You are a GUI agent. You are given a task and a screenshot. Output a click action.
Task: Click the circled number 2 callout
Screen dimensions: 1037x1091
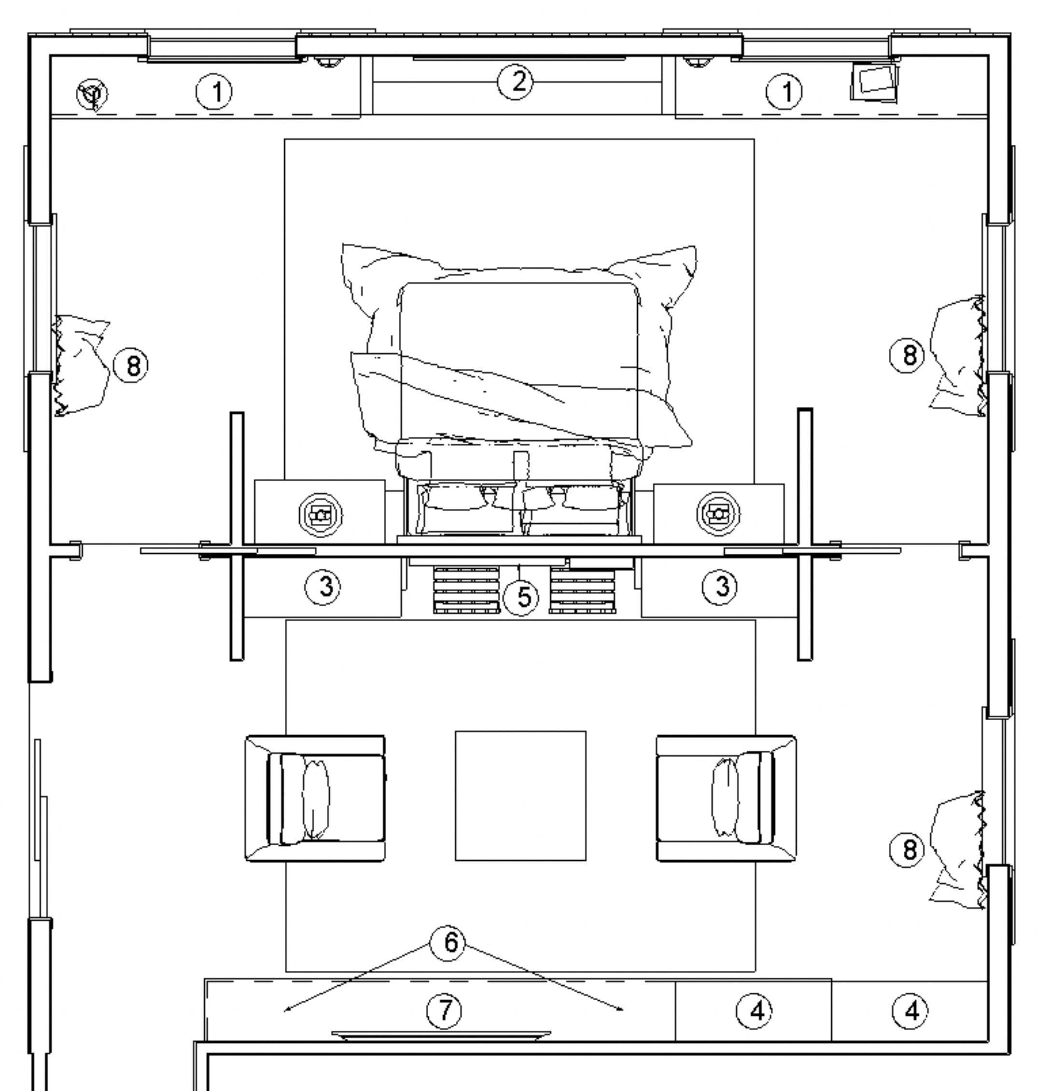(x=516, y=83)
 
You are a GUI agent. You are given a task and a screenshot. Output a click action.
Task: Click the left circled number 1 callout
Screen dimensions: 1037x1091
(x=214, y=91)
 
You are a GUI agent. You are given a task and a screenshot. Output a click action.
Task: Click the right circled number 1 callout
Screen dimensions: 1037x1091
(x=785, y=91)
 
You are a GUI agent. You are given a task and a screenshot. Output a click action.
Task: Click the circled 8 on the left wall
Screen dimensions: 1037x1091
(x=131, y=365)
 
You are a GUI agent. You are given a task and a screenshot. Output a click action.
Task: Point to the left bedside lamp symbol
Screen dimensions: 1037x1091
(x=320, y=515)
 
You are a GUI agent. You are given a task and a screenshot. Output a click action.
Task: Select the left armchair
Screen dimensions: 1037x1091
(x=315, y=797)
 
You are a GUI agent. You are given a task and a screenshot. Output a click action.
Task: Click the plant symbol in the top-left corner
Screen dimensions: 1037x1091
(x=92, y=95)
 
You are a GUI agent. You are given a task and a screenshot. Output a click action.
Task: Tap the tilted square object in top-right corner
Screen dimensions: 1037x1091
(x=874, y=83)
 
